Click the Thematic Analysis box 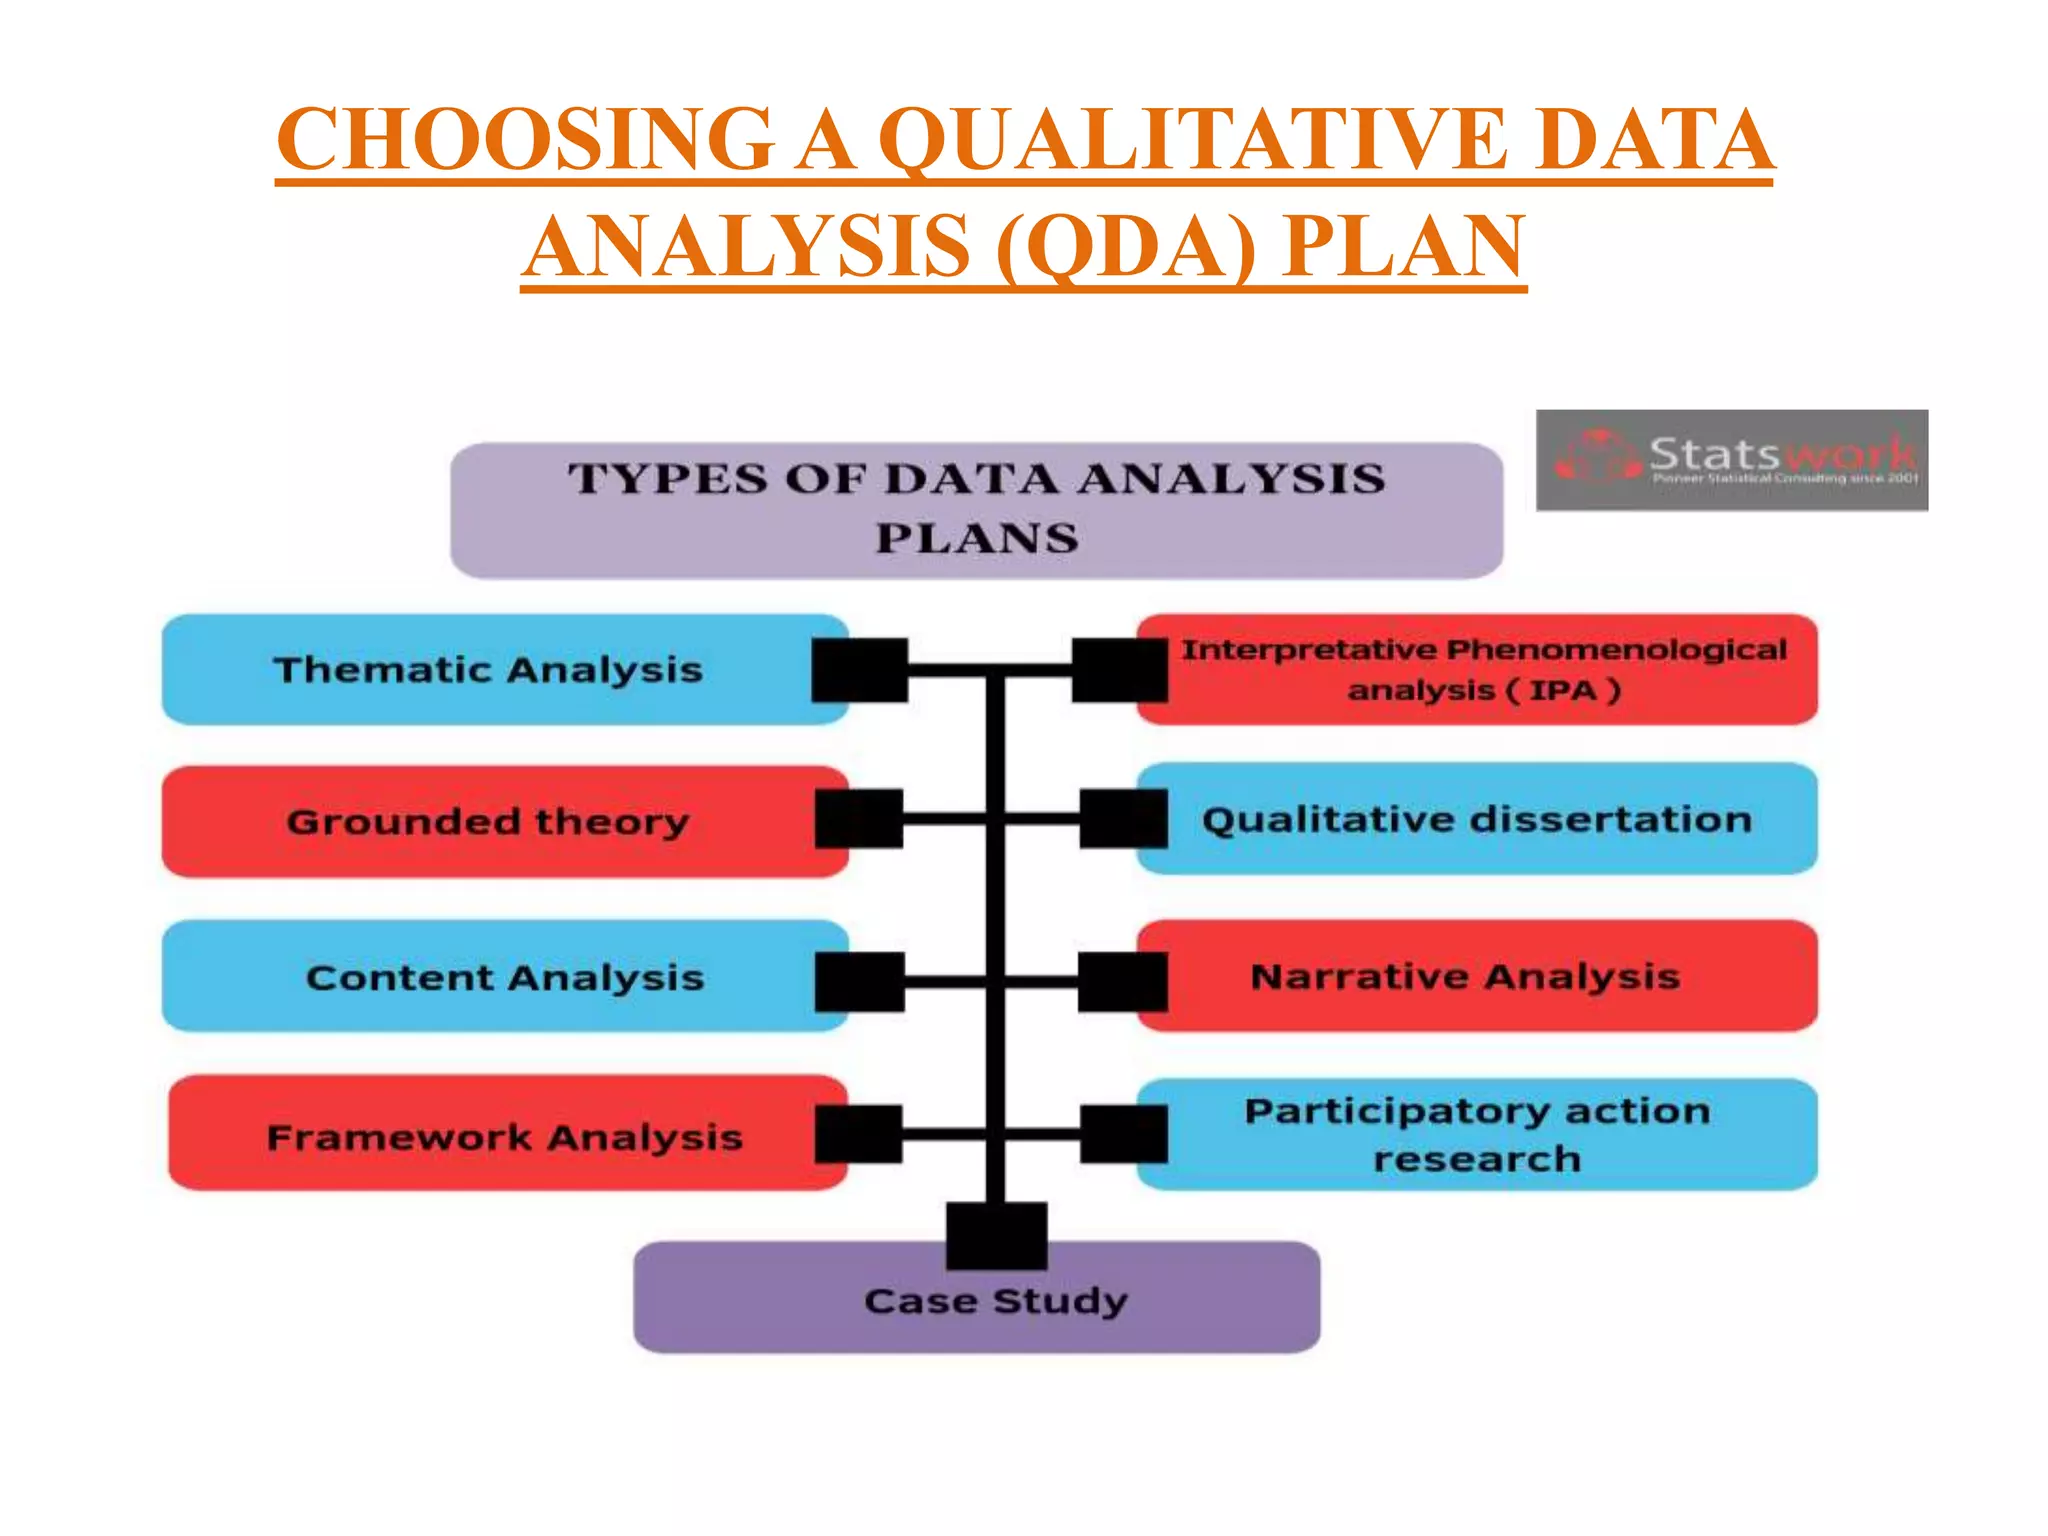pos(488,669)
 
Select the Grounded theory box pos(488,822)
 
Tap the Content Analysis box pos(505,977)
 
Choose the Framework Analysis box pos(505,1137)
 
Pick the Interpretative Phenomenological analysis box pos(1484,669)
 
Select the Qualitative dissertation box pos(1477,820)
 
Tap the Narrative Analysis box pos(1465,976)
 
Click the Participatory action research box pos(1477,1135)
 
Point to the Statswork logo pos(1732,460)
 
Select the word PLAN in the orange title pos(1404,247)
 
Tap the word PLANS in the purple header pos(977,539)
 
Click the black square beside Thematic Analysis pos(860,670)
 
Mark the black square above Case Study pos(997,1235)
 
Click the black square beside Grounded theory pos(859,819)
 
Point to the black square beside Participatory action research pos(1124,1134)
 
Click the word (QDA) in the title pos(1125,247)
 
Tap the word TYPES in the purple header pos(668,479)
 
